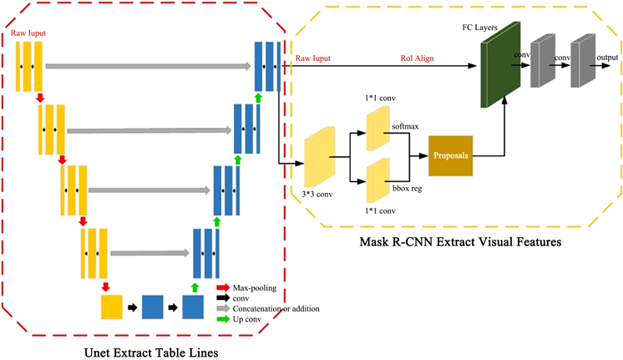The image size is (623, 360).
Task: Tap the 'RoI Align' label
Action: [x=417, y=58]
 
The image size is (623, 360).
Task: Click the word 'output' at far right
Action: [x=607, y=57]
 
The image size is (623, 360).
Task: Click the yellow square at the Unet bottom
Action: [x=112, y=307]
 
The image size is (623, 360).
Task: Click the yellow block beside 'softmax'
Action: [x=377, y=129]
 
